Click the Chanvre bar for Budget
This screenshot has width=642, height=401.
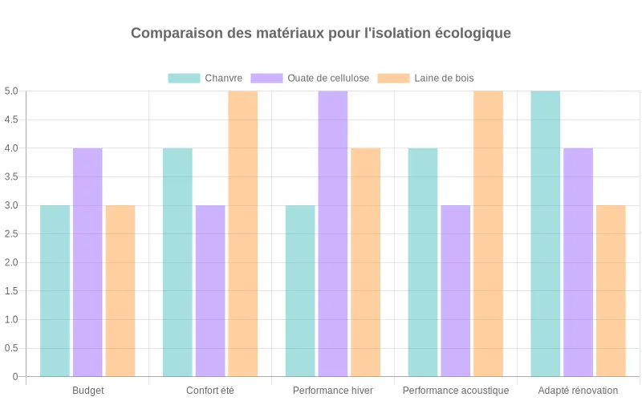tap(55, 291)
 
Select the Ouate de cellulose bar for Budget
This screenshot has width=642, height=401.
tap(87, 262)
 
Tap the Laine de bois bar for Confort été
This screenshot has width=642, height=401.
tap(243, 233)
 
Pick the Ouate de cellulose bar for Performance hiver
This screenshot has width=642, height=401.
tap(333, 233)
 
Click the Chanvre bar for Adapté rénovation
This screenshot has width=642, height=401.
tap(546, 233)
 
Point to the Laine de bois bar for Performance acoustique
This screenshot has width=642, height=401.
tap(488, 233)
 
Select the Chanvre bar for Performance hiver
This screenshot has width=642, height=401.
tap(300, 291)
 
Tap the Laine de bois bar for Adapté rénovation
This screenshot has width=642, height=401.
tap(611, 291)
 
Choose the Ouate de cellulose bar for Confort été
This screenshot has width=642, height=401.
tap(210, 291)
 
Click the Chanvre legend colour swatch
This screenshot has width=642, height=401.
tap(184, 78)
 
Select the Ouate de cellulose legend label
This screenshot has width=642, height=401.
tap(328, 78)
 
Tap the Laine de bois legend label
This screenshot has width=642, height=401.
tap(444, 78)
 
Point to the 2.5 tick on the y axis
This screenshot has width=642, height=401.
tap(11, 234)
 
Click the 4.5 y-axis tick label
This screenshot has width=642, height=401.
tap(11, 119)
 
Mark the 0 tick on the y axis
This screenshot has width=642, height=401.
tap(14, 377)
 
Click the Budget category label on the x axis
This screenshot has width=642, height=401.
tap(87, 391)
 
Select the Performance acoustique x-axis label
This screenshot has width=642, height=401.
tap(456, 391)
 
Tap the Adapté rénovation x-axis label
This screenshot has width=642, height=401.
tap(578, 391)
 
